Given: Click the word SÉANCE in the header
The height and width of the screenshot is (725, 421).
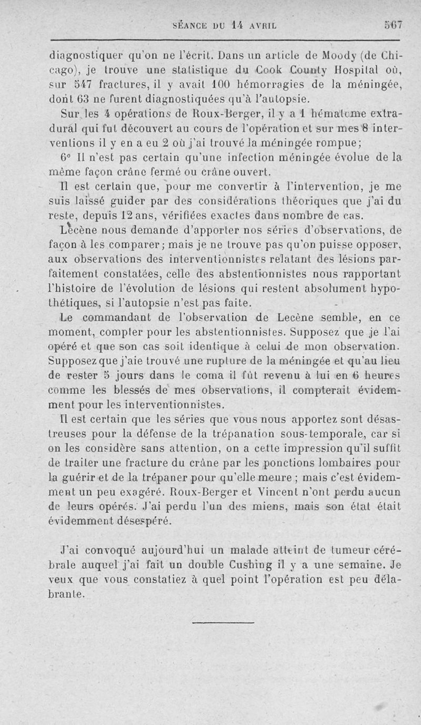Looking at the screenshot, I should point(192,25).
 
